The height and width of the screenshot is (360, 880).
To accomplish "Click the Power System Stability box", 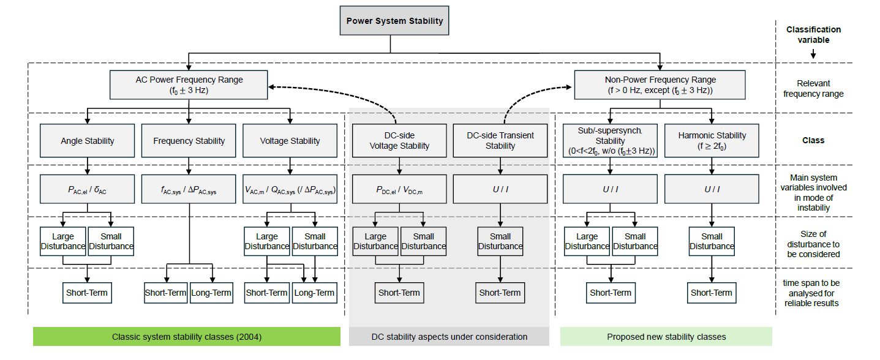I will [x=394, y=21].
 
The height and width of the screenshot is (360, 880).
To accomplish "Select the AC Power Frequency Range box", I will [x=189, y=85].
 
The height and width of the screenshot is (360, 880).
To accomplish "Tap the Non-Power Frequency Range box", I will [x=660, y=85].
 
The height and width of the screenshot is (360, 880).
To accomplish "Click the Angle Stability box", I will [x=87, y=141].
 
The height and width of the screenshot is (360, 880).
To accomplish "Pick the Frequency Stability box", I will [x=189, y=141].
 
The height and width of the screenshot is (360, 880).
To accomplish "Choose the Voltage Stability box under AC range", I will [x=290, y=141].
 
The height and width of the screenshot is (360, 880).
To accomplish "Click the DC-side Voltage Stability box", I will [x=399, y=141].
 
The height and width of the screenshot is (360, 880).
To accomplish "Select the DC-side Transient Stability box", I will [x=500, y=141].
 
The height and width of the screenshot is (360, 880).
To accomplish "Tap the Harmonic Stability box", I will [x=712, y=141].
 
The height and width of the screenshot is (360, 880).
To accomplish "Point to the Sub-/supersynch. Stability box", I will [x=609, y=141].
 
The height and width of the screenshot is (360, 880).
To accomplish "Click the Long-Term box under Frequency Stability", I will [x=211, y=293].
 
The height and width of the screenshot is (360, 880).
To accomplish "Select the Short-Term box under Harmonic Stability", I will [x=712, y=293].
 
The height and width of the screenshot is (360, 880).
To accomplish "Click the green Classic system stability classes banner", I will [x=186, y=337].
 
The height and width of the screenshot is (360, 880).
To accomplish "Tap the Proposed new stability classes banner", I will [x=666, y=337].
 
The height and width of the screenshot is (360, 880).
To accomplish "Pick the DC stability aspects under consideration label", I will [x=449, y=337].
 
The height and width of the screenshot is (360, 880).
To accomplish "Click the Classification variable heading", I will [x=813, y=34].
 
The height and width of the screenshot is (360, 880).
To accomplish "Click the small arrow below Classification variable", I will [x=813, y=55].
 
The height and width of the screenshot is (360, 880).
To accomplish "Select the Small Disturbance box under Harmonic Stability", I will [x=712, y=241].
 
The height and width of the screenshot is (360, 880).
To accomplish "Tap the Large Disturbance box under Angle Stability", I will [x=63, y=241].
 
